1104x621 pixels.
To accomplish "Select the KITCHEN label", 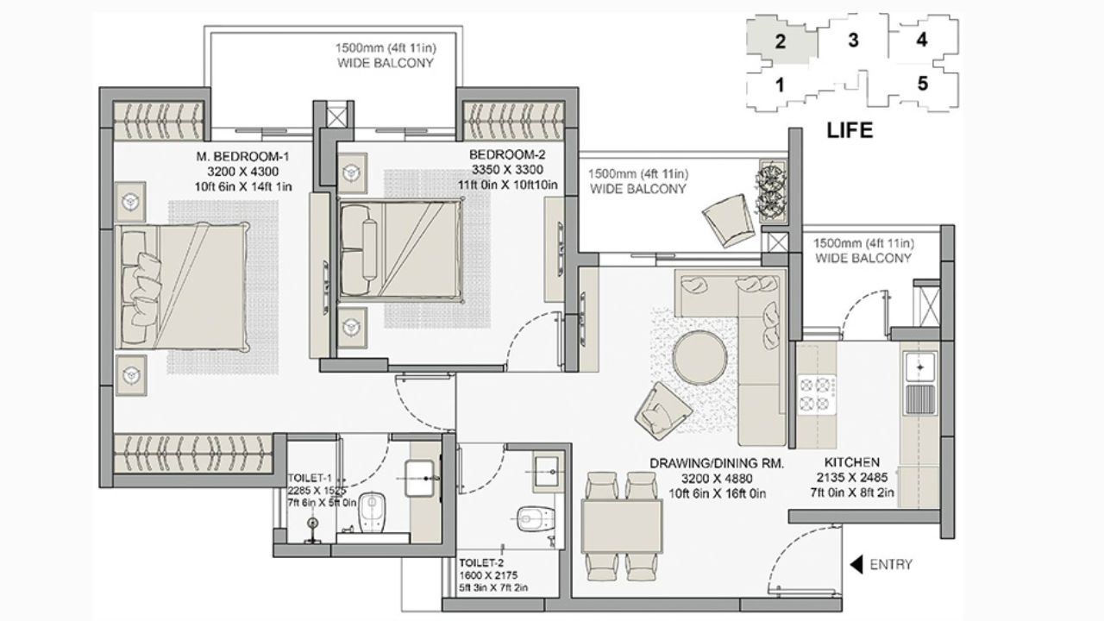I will pyautogui.click(x=851, y=463).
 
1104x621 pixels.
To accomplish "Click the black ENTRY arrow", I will pyautogui.click(x=857, y=565).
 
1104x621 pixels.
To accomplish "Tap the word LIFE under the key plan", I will pyautogui.click(x=850, y=131).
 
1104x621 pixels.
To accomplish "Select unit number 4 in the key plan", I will pyautogui.click(x=921, y=40).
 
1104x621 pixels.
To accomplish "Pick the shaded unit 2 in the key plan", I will pyautogui.click(x=780, y=41).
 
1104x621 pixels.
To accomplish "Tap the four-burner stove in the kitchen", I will pyautogui.click(x=815, y=393).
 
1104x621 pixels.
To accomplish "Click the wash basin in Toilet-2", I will pyautogui.click(x=545, y=471).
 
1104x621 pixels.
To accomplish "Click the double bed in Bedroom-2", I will pyautogui.click(x=401, y=250).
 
